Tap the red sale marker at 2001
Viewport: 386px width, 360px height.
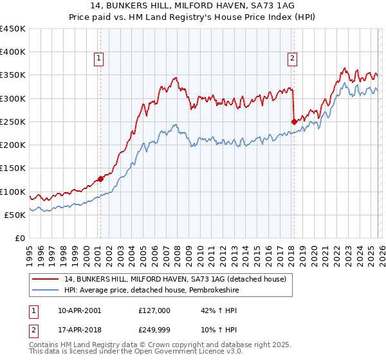click(100, 179)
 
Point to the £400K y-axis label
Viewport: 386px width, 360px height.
click(13, 52)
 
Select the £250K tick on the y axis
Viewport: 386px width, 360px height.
click(13, 122)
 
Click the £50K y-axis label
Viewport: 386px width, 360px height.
click(15, 215)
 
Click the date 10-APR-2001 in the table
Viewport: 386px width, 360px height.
click(78, 310)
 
